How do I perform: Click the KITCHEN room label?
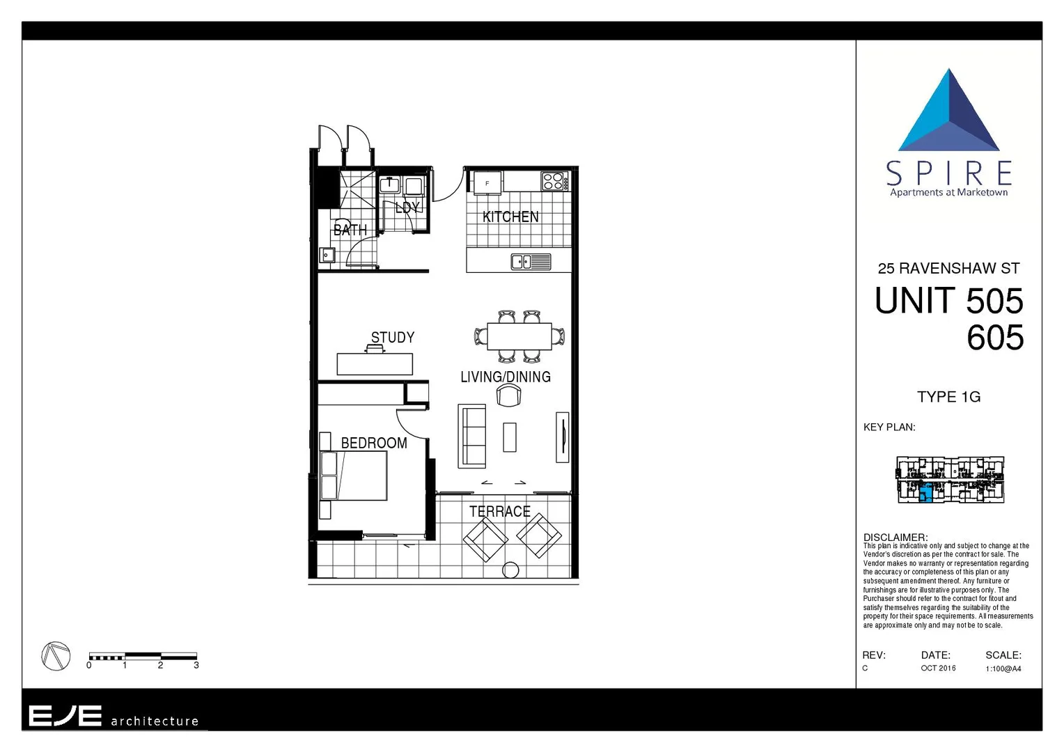[x=510, y=217]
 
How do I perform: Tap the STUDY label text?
[x=393, y=338]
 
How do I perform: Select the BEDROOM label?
[x=374, y=443]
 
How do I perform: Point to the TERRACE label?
[x=499, y=512]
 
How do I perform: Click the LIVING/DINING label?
[x=506, y=377]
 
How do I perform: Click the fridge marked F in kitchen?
[x=487, y=183]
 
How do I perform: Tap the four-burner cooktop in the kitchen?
[x=553, y=181]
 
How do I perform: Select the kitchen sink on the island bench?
[x=531, y=262]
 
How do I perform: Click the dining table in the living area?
[x=519, y=336]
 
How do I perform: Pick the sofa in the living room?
[x=471, y=436]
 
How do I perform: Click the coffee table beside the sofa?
[x=510, y=437]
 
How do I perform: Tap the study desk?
[x=375, y=364]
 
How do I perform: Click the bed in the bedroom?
[x=354, y=476]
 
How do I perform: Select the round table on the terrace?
[x=510, y=570]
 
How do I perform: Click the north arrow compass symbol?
[x=56, y=656]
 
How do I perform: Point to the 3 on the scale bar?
[x=196, y=666]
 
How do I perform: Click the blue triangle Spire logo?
[x=949, y=112]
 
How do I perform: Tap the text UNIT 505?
[x=948, y=301]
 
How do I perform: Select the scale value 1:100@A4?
[x=1003, y=668]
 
